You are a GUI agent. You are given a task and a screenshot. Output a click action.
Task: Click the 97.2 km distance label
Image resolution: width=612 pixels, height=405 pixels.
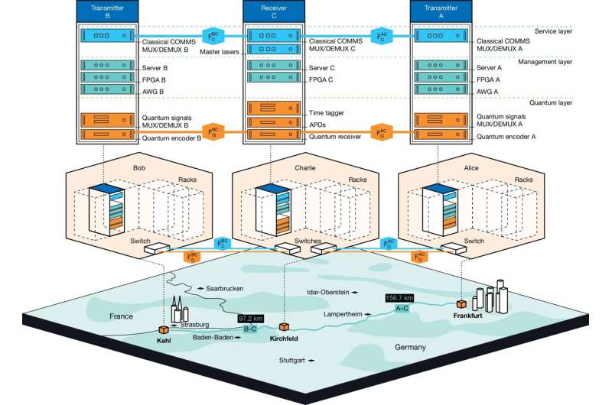(x=251, y=319)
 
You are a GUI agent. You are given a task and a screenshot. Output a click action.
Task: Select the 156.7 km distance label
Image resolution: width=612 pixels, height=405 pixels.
(x=399, y=298)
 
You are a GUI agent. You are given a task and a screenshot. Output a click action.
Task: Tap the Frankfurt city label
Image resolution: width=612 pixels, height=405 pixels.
(x=467, y=316)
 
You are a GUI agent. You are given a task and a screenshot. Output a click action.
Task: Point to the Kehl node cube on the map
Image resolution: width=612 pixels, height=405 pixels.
(x=164, y=330)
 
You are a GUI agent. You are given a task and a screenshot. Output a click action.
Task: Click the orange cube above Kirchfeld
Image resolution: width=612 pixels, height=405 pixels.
(x=284, y=326)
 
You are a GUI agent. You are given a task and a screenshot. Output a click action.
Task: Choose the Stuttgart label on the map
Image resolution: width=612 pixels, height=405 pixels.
(x=292, y=361)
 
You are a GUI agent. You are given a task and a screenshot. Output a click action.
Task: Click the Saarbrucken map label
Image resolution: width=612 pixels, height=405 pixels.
(x=225, y=288)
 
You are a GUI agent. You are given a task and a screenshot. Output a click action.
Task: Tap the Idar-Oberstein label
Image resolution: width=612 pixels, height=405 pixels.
(x=328, y=292)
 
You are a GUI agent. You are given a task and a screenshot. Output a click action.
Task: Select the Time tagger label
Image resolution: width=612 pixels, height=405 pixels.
(x=327, y=113)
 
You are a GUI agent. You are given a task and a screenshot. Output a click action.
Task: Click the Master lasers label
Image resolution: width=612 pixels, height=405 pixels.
(x=220, y=52)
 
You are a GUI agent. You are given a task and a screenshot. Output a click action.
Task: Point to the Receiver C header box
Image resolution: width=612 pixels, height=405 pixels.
(x=274, y=11)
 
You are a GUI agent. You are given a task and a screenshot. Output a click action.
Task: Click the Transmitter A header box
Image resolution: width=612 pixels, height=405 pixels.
(x=441, y=11)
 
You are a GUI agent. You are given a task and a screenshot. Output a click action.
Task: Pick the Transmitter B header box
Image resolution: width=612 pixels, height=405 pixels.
(x=107, y=11)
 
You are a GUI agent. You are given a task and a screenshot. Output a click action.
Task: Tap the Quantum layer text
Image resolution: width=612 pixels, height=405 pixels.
(x=551, y=103)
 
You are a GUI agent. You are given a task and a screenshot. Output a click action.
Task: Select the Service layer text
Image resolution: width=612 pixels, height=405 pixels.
(x=553, y=31)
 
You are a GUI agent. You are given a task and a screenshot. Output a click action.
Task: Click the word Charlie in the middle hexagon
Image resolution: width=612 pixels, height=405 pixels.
(x=305, y=168)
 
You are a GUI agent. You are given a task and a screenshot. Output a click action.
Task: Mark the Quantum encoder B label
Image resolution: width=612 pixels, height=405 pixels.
(x=171, y=138)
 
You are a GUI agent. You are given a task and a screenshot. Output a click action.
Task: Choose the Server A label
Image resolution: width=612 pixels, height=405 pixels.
(x=489, y=68)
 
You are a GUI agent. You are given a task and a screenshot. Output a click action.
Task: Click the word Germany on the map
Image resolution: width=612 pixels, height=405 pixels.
(x=410, y=347)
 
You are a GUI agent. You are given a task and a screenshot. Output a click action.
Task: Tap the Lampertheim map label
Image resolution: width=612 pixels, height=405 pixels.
(x=343, y=314)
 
